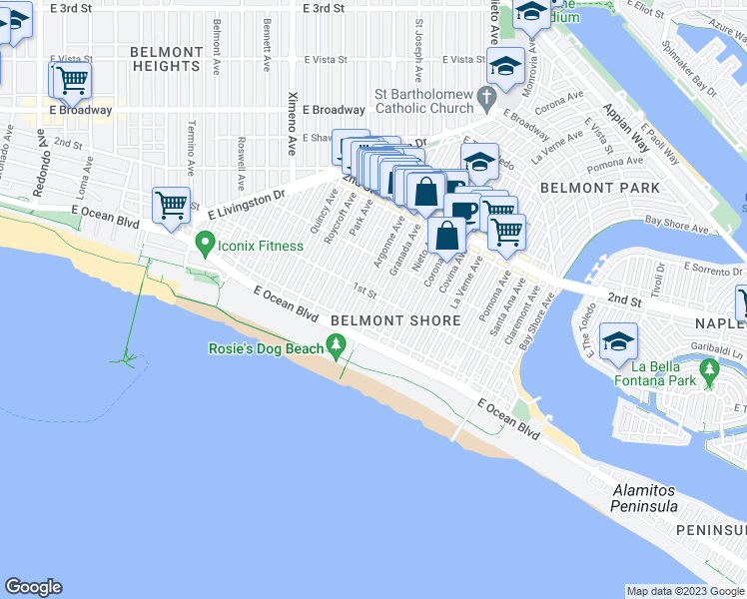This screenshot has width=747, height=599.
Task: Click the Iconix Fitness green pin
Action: (x=206, y=242)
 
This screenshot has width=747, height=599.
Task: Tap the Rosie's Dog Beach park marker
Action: (x=337, y=348)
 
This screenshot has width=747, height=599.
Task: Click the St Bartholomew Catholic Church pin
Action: (x=487, y=98)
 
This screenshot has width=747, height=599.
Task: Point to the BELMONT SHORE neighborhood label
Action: (x=395, y=320)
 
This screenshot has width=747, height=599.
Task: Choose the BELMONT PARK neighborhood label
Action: (x=599, y=188)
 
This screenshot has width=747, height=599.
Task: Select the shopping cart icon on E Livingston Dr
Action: (x=171, y=206)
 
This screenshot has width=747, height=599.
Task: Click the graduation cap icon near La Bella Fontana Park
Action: (x=620, y=341)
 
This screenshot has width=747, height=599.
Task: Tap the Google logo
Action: (x=33, y=587)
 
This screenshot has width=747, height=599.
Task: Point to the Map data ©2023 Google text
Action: (x=684, y=591)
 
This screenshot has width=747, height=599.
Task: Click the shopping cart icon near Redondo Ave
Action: (x=70, y=80)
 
